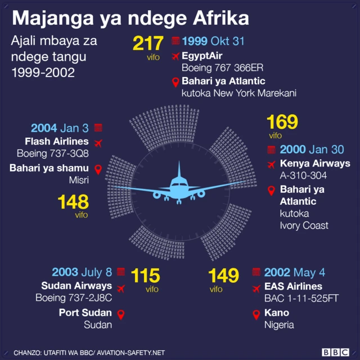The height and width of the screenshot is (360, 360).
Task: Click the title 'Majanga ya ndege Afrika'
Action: point(130,18)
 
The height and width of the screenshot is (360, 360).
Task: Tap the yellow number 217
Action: point(148,44)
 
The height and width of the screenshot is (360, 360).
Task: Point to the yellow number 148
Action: point(73,202)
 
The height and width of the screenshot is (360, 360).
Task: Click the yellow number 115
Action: point(145,276)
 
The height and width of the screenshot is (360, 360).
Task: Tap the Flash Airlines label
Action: point(57,141)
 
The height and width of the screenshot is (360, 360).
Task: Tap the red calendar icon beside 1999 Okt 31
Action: point(175,41)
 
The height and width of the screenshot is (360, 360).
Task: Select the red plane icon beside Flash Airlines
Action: point(100,142)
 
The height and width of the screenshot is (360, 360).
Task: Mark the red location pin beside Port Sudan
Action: point(120,313)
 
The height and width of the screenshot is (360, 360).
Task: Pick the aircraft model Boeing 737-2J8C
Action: point(74,298)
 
